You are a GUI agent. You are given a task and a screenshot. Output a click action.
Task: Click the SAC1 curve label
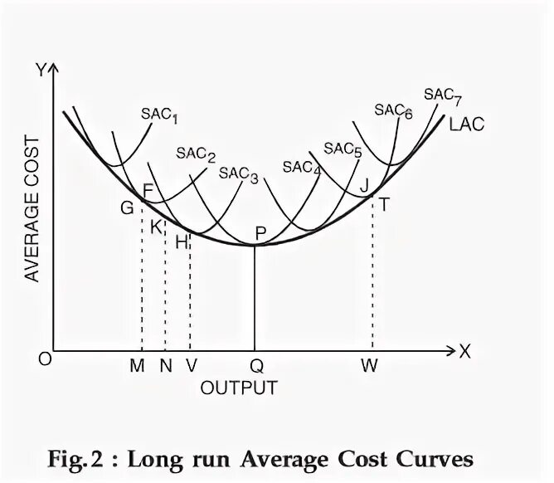[x=159, y=115]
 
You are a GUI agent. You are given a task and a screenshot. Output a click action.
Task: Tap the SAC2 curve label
[x=196, y=155]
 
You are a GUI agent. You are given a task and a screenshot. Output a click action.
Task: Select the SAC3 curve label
[x=239, y=174]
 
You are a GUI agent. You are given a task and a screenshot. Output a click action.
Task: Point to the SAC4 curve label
[x=302, y=168]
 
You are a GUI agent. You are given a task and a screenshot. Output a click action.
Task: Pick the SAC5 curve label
[x=343, y=149]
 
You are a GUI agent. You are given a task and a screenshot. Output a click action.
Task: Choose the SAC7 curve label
[x=442, y=95]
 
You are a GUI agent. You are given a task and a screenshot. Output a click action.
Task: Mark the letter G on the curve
[x=127, y=208]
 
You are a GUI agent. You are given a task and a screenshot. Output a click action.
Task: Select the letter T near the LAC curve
[x=385, y=202]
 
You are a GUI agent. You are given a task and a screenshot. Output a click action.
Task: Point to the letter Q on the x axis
[x=255, y=365]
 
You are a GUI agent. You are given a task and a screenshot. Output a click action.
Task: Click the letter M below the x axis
[x=138, y=365]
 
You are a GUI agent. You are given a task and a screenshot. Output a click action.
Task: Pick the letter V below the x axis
[x=191, y=365]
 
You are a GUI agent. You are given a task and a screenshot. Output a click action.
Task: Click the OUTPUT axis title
[x=239, y=388]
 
